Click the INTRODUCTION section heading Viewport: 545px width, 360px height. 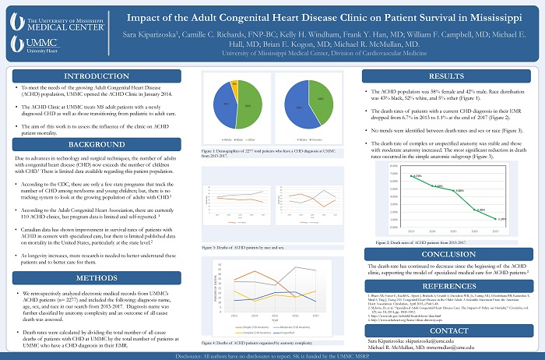97,76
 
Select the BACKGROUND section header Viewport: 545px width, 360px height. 97,145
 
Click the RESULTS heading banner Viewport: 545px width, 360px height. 448,76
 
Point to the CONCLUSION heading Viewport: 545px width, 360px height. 448,253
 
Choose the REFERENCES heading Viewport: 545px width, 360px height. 448,285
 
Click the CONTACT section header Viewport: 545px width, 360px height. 448,330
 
